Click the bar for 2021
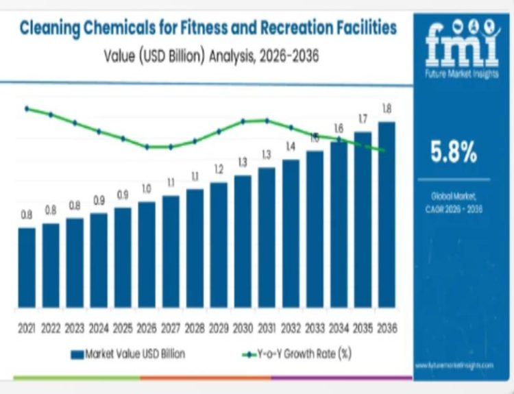[x=27, y=267]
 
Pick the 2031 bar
[x=267, y=237]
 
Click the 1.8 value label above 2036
[x=387, y=109]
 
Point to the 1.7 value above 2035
[x=363, y=119]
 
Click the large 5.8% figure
[x=453, y=153]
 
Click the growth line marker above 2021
[x=27, y=108]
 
